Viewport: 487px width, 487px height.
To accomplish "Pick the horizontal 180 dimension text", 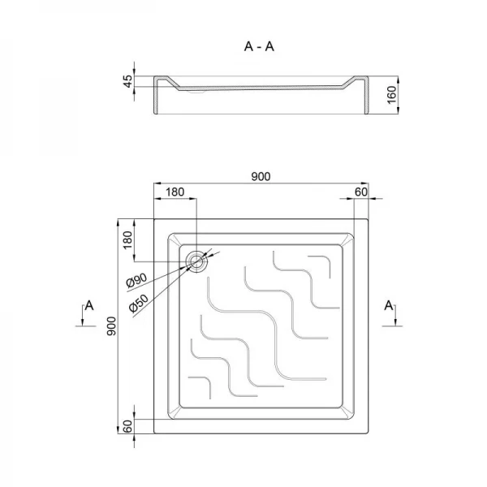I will click(175, 192).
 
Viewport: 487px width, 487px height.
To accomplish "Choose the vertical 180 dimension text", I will click(127, 241).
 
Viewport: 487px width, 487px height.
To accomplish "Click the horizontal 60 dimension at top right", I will click(361, 192).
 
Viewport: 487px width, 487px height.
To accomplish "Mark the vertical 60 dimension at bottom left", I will click(127, 427).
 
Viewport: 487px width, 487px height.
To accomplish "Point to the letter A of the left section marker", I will click(89, 305).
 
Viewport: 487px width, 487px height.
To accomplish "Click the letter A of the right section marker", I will click(389, 305).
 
